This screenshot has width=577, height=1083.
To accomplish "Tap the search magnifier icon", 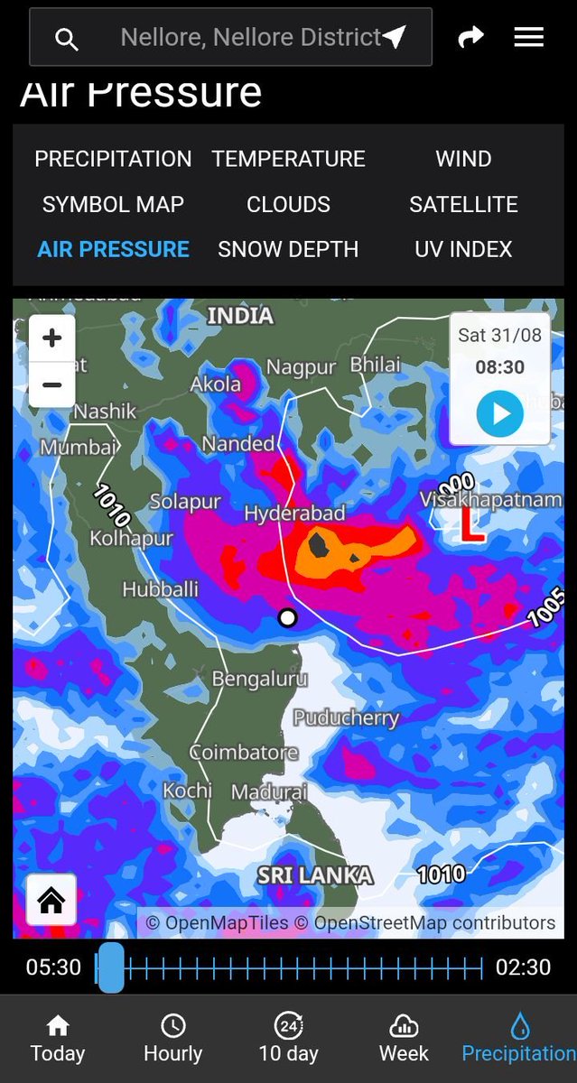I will click(66, 39).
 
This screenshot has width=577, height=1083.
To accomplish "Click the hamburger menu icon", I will click(528, 37).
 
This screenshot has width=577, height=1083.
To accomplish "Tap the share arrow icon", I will click(470, 37).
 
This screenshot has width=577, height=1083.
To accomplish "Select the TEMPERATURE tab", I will click(288, 159).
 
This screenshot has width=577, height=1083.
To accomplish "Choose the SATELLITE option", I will click(463, 204).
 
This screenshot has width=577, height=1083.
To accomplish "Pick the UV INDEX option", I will click(463, 249).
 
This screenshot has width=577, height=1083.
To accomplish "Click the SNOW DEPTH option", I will click(288, 249).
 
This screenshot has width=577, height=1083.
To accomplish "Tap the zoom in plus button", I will click(52, 338).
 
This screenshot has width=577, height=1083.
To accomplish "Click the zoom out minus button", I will click(52, 385).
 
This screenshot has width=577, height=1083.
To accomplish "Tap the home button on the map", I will click(51, 900).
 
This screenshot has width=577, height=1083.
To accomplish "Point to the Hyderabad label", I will click(294, 514).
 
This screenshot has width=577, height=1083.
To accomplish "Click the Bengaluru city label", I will click(259, 679).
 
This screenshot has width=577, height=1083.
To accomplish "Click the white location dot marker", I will click(287, 618).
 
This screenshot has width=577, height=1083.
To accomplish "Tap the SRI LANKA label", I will click(314, 875).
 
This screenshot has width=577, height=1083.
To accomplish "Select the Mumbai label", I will click(79, 447).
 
